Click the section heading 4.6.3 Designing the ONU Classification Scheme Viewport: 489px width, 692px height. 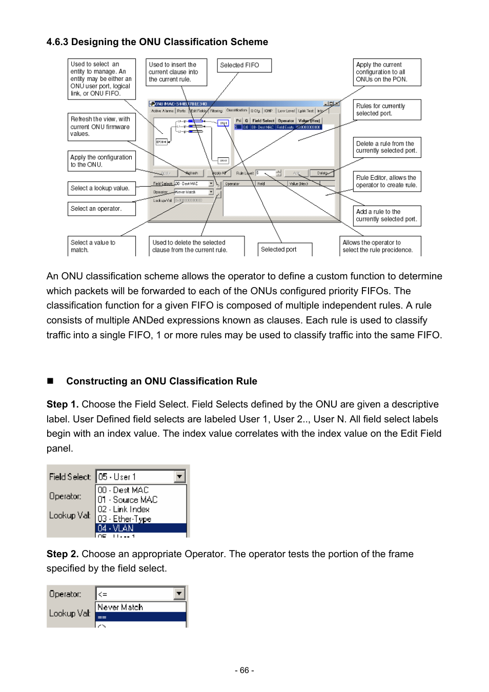(157, 42)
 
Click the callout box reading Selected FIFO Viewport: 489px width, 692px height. (244, 66)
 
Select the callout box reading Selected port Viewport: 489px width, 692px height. (284, 250)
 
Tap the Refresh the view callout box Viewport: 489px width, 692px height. (101, 127)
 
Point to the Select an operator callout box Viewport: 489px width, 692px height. (101, 209)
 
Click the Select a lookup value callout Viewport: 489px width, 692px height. (101, 189)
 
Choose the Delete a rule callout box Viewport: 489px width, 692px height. (387, 148)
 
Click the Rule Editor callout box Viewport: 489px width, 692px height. (387, 181)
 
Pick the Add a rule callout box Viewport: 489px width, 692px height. (387, 215)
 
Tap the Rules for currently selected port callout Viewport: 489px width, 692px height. (387, 110)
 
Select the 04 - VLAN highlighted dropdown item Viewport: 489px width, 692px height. (140, 528)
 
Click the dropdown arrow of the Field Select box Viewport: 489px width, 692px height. (179, 477)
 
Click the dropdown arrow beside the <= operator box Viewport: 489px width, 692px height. (179, 594)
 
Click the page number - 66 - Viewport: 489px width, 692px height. (244, 670)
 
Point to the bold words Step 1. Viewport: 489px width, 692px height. (62, 404)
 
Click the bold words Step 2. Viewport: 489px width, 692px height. (62, 554)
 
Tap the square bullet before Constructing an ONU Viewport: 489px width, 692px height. (50, 381)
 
